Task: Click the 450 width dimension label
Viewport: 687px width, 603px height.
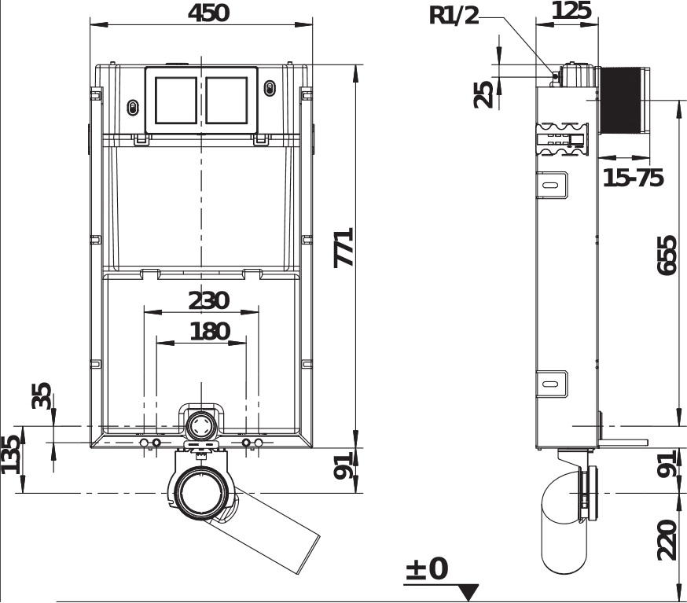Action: (x=208, y=13)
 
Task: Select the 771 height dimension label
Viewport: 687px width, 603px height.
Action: (x=344, y=247)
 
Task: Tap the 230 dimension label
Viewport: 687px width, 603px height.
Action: (x=208, y=300)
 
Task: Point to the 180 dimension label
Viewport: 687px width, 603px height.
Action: (x=210, y=331)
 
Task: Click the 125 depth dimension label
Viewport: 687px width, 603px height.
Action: (x=571, y=10)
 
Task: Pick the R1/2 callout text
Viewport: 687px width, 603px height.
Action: (x=454, y=16)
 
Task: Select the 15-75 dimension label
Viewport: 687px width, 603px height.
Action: (x=633, y=178)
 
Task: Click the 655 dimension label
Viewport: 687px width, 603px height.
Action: (x=667, y=256)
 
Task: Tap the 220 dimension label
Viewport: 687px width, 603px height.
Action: (x=667, y=540)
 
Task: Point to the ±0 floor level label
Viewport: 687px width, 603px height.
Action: (x=427, y=569)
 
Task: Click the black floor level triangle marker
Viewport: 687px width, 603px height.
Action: (x=468, y=593)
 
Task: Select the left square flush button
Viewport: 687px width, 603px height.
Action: (x=176, y=101)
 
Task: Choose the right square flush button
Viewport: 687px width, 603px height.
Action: (x=226, y=101)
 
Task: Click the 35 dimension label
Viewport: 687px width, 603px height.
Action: (x=42, y=395)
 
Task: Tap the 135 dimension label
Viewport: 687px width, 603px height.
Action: (x=10, y=454)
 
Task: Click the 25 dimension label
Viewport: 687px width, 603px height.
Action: (x=483, y=94)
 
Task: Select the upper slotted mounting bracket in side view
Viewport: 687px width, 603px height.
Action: (x=552, y=185)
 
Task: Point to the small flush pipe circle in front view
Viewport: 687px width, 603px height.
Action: (x=200, y=425)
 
